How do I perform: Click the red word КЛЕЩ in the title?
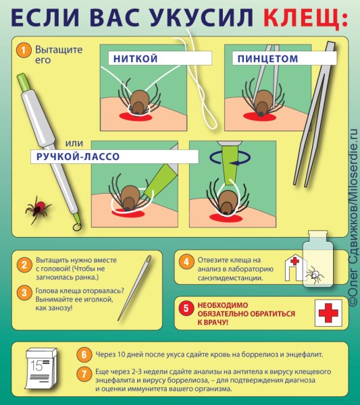pyautogui.click(x=301, y=18)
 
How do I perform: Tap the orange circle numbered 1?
pyautogui.click(x=23, y=51)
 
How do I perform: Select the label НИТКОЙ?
pyautogui.click(x=135, y=59)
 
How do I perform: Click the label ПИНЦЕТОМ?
pyautogui.click(x=267, y=59)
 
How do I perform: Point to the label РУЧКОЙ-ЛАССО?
pyautogui.click(x=78, y=157)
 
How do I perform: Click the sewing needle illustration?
pyautogui.click(x=134, y=288)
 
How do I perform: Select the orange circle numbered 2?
pyautogui.click(x=24, y=265)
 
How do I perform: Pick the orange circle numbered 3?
pyautogui.click(x=24, y=293)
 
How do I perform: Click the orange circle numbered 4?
pyautogui.click(x=186, y=262)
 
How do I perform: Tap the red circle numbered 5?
pyautogui.click(x=186, y=308)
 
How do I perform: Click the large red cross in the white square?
pyautogui.click(x=328, y=313)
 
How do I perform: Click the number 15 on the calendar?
pyautogui.click(x=36, y=365)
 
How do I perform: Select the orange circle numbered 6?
pyautogui.click(x=84, y=354)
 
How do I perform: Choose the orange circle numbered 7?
pyautogui.click(x=84, y=374)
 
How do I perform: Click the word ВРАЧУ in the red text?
pyautogui.click(x=216, y=323)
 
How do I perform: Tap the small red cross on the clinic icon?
pyautogui.click(x=294, y=261)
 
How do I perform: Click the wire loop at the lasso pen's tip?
pyautogui.click(x=77, y=227)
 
